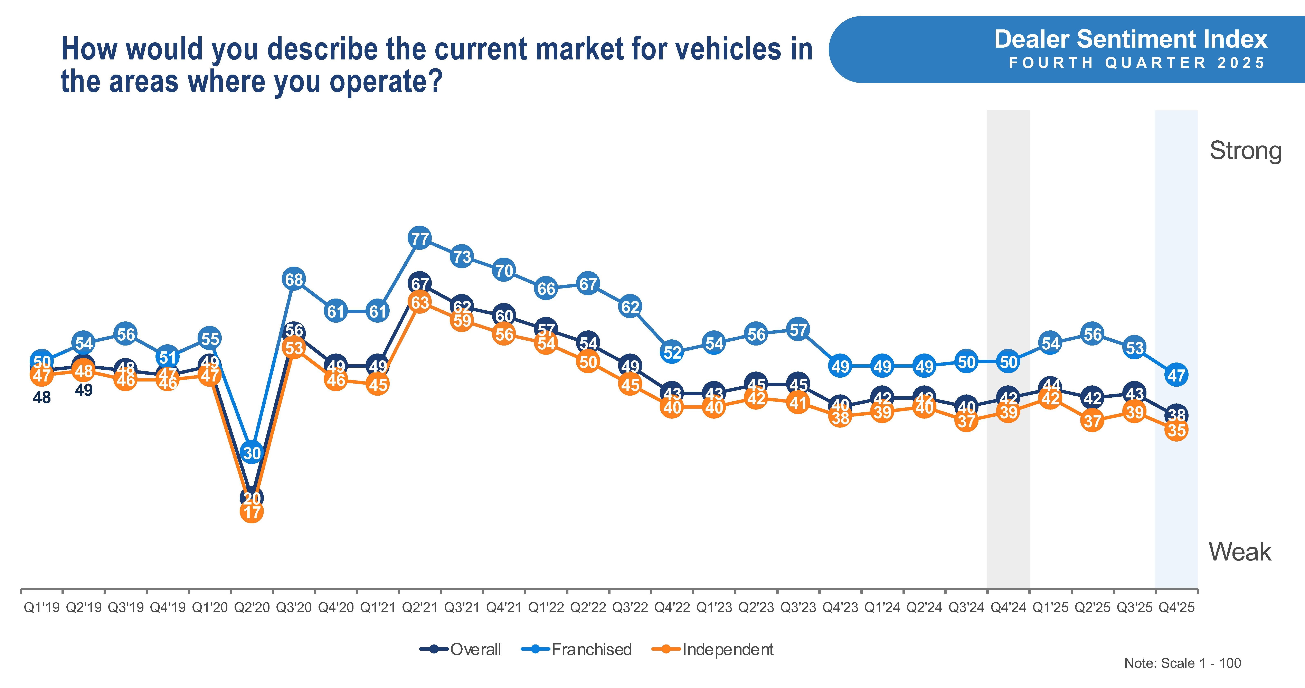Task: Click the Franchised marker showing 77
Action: pyautogui.click(x=419, y=238)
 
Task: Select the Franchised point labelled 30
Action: pyautogui.click(x=252, y=452)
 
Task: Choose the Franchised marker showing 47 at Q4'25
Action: pyautogui.click(x=1176, y=375)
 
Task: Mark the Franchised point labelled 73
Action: pyautogui.click(x=462, y=257)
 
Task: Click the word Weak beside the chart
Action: pyautogui.click(x=1240, y=552)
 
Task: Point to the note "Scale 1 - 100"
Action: pyautogui.click(x=1182, y=663)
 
